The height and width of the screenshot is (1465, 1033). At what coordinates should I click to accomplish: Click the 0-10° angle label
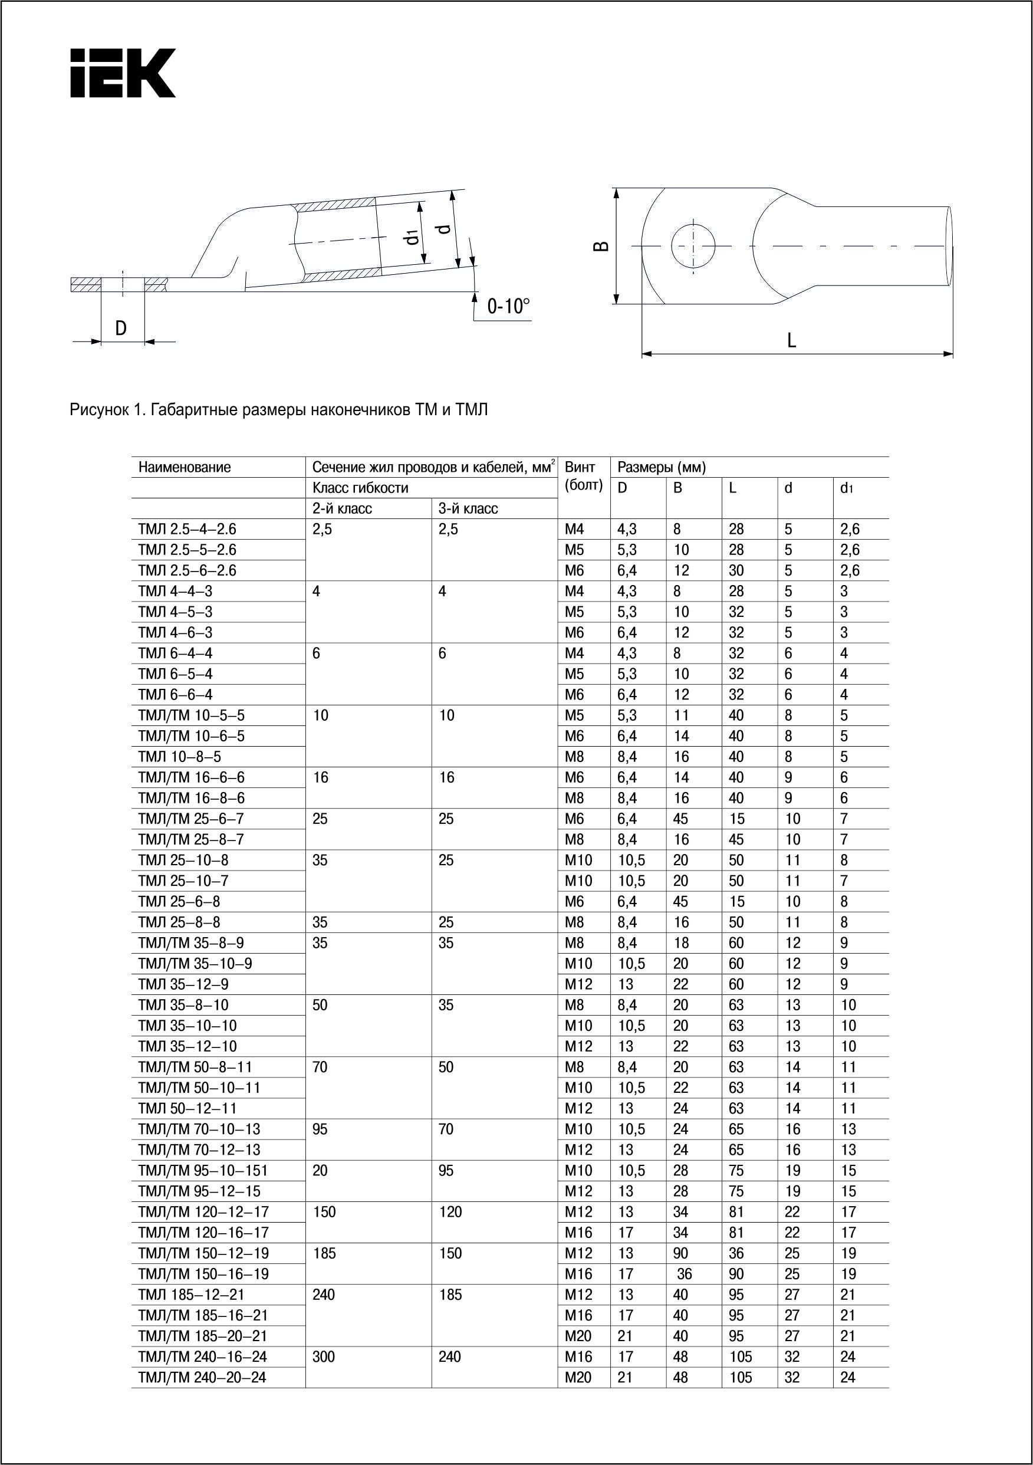508,307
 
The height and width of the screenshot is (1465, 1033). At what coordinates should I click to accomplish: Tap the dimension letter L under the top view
791,340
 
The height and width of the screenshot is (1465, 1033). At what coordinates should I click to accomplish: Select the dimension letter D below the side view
121,328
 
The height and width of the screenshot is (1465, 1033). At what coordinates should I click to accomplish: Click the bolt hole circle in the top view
693,246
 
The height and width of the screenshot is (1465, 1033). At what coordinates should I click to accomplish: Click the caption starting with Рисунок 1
278,410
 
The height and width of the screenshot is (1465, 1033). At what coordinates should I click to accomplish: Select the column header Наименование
185,467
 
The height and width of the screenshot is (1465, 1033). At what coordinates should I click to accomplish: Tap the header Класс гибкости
360,488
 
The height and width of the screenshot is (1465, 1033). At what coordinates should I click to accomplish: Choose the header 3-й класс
468,508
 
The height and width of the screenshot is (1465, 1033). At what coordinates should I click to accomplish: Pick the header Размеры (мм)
662,467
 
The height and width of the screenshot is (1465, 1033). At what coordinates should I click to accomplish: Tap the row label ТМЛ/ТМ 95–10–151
203,1170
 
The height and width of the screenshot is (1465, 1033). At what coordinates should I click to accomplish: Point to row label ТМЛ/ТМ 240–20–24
202,1378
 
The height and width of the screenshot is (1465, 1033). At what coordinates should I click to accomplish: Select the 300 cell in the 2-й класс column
324,1356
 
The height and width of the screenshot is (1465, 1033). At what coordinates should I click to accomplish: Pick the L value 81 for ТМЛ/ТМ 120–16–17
736,1233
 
